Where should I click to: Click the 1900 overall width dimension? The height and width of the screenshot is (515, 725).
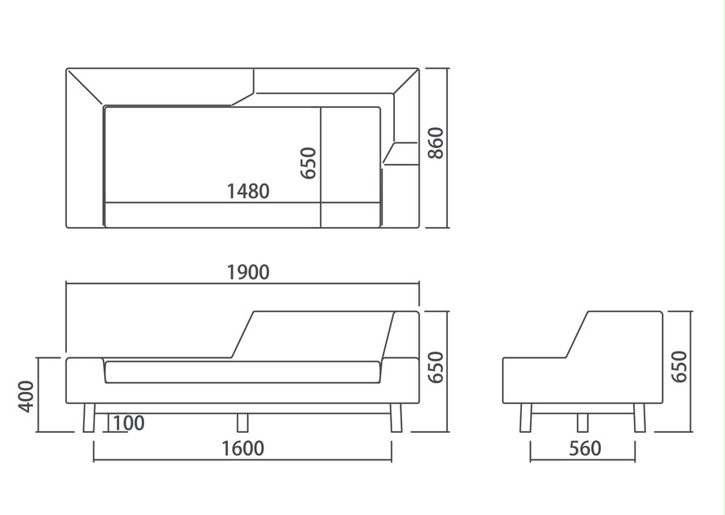[248, 273]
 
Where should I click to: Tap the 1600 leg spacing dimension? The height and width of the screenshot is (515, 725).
[243, 448]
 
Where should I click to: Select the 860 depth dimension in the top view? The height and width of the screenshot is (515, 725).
[436, 143]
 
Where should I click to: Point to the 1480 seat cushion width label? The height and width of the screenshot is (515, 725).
[248, 192]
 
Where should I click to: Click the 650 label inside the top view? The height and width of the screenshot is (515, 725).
[309, 163]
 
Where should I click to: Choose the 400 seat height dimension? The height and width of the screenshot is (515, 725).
[27, 396]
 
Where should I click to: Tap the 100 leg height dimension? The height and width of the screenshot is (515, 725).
[129, 423]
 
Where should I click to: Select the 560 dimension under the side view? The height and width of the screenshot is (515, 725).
[586, 448]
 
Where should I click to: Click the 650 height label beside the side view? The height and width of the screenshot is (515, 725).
[679, 367]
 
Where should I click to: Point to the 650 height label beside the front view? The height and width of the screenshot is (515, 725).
[436, 367]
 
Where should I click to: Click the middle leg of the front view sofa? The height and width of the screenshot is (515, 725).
[242, 422]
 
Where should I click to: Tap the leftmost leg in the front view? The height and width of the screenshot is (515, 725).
[89, 418]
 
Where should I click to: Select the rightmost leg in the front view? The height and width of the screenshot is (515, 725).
[396, 418]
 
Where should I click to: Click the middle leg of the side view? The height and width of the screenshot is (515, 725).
[582, 422]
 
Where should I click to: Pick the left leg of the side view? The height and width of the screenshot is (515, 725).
[526, 418]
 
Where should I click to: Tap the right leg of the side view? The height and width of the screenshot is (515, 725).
[640, 418]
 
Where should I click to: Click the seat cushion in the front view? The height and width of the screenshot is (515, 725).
[242, 373]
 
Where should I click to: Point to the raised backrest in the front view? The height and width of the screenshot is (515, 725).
[324, 335]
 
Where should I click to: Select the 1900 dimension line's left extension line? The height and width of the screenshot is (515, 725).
[66, 317]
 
